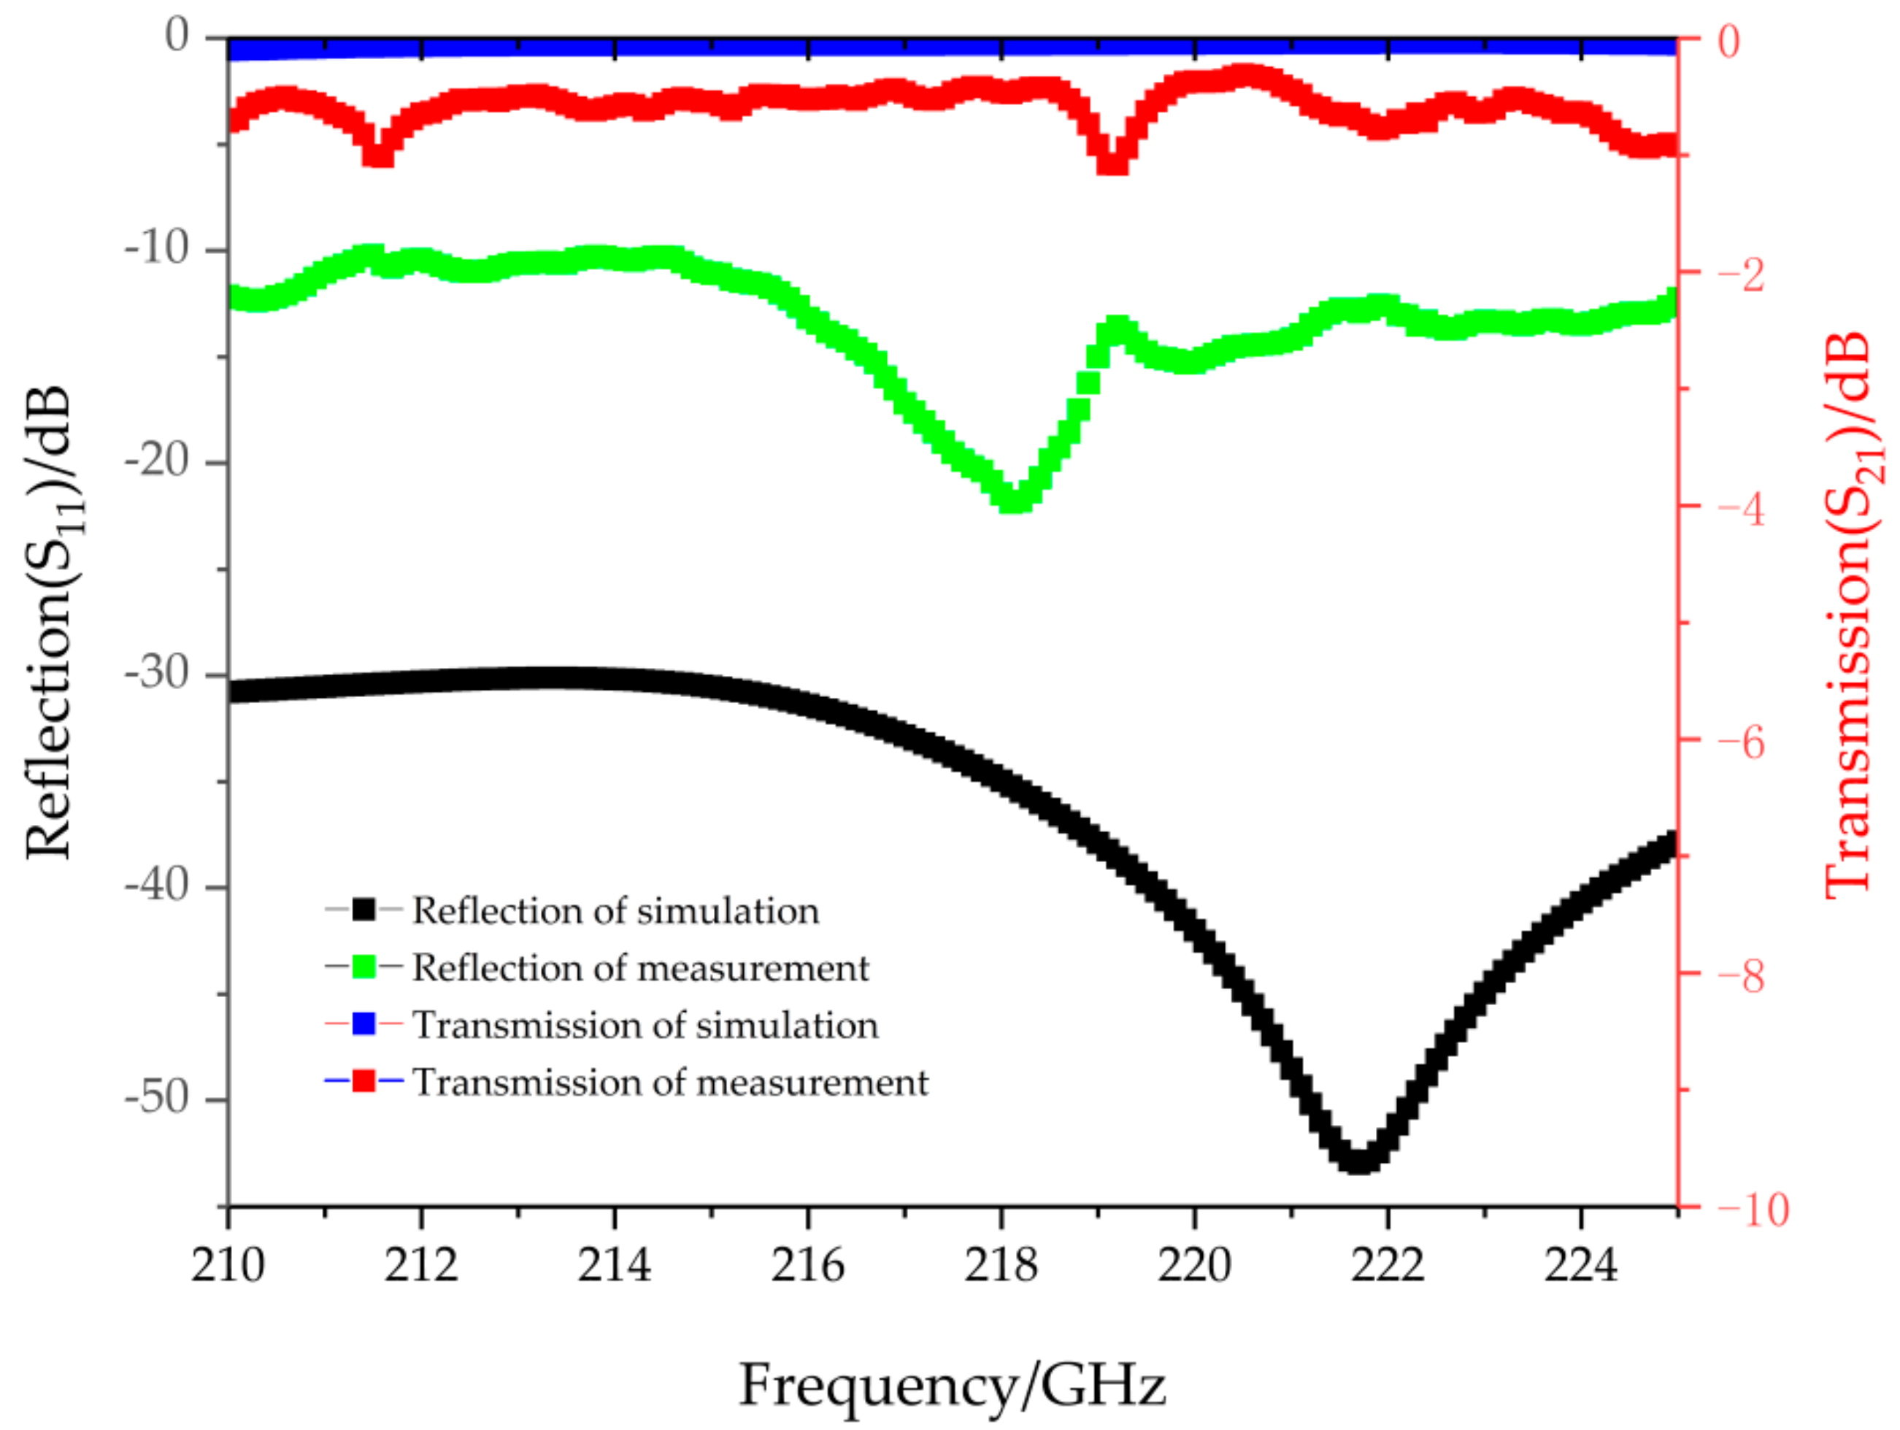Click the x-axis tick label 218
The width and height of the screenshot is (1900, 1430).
click(x=1001, y=1265)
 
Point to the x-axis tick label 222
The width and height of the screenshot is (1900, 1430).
click(x=1387, y=1265)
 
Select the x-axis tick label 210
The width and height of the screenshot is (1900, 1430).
click(x=228, y=1265)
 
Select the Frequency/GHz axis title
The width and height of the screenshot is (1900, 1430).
click(x=952, y=1385)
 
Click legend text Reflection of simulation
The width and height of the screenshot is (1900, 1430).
click(x=615, y=911)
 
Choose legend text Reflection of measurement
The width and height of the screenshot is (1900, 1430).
click(x=640, y=968)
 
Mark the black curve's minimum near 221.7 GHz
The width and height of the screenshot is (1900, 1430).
click(x=1358, y=1161)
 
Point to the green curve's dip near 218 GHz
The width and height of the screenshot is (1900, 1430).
click(x=1015, y=500)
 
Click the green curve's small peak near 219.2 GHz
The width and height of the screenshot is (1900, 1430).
click(x=1117, y=327)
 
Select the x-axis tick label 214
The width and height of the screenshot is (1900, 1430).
click(x=614, y=1265)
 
